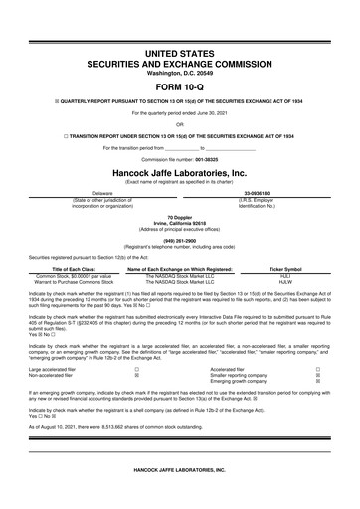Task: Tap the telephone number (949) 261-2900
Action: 179,238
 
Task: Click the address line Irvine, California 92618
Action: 179,222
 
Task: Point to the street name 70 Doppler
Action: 179,216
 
